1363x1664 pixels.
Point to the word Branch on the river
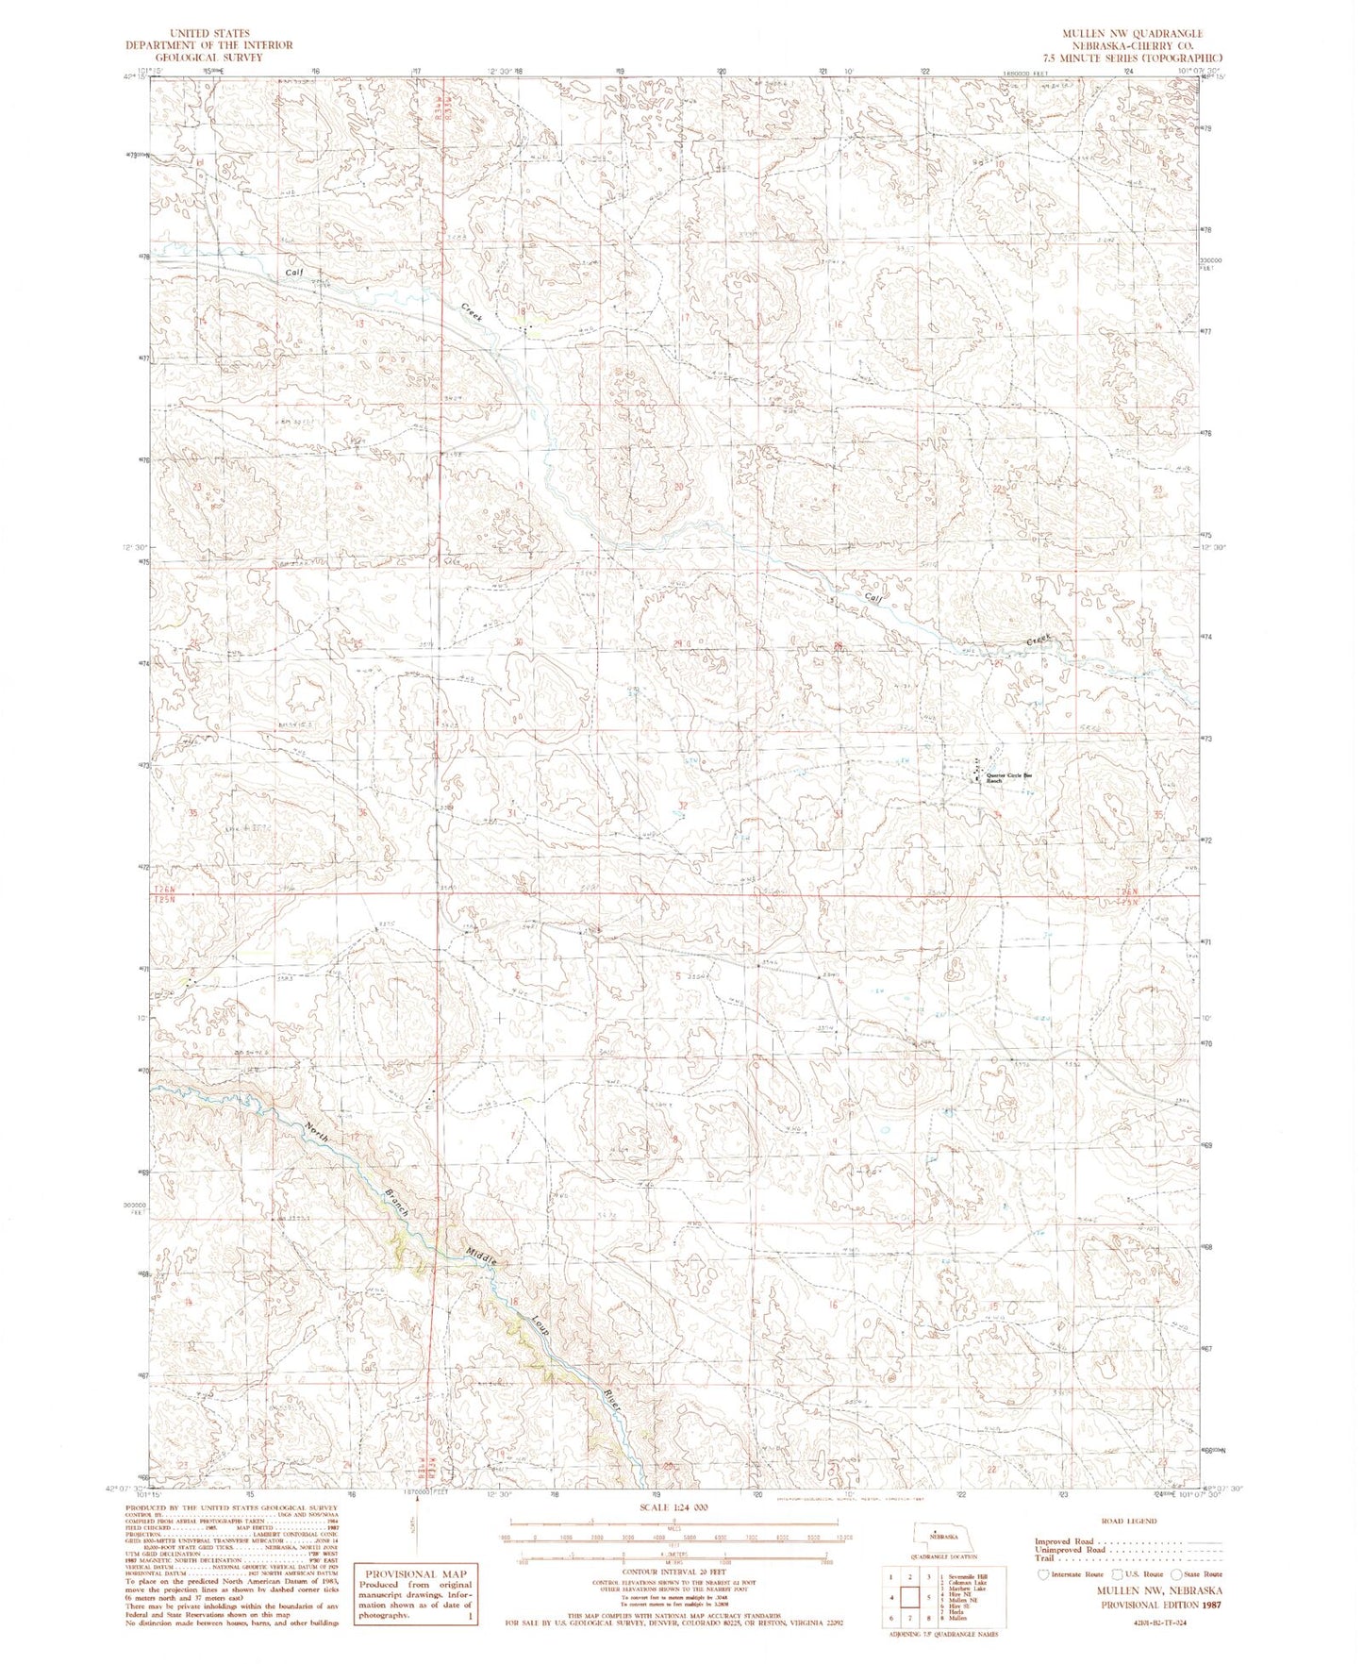pos(396,1201)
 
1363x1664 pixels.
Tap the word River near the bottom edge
pos(611,1397)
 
